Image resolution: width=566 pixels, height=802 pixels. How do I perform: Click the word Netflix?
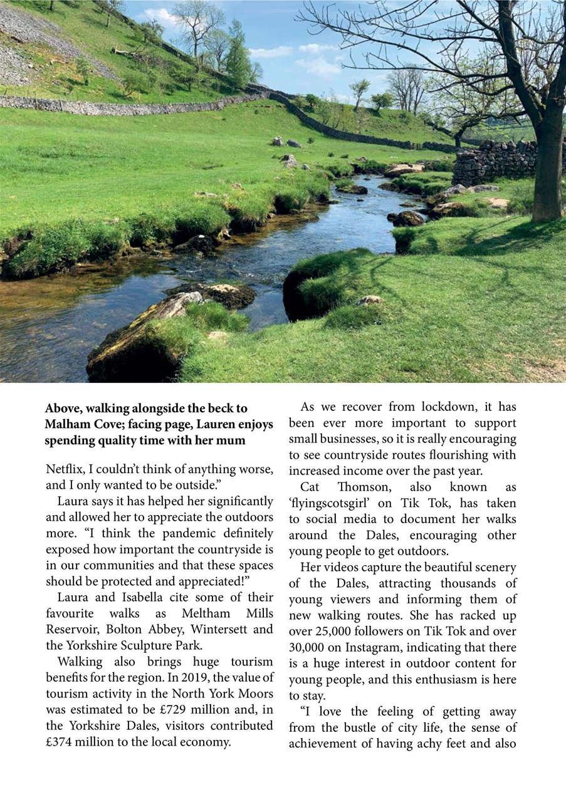pyautogui.click(x=63, y=469)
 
